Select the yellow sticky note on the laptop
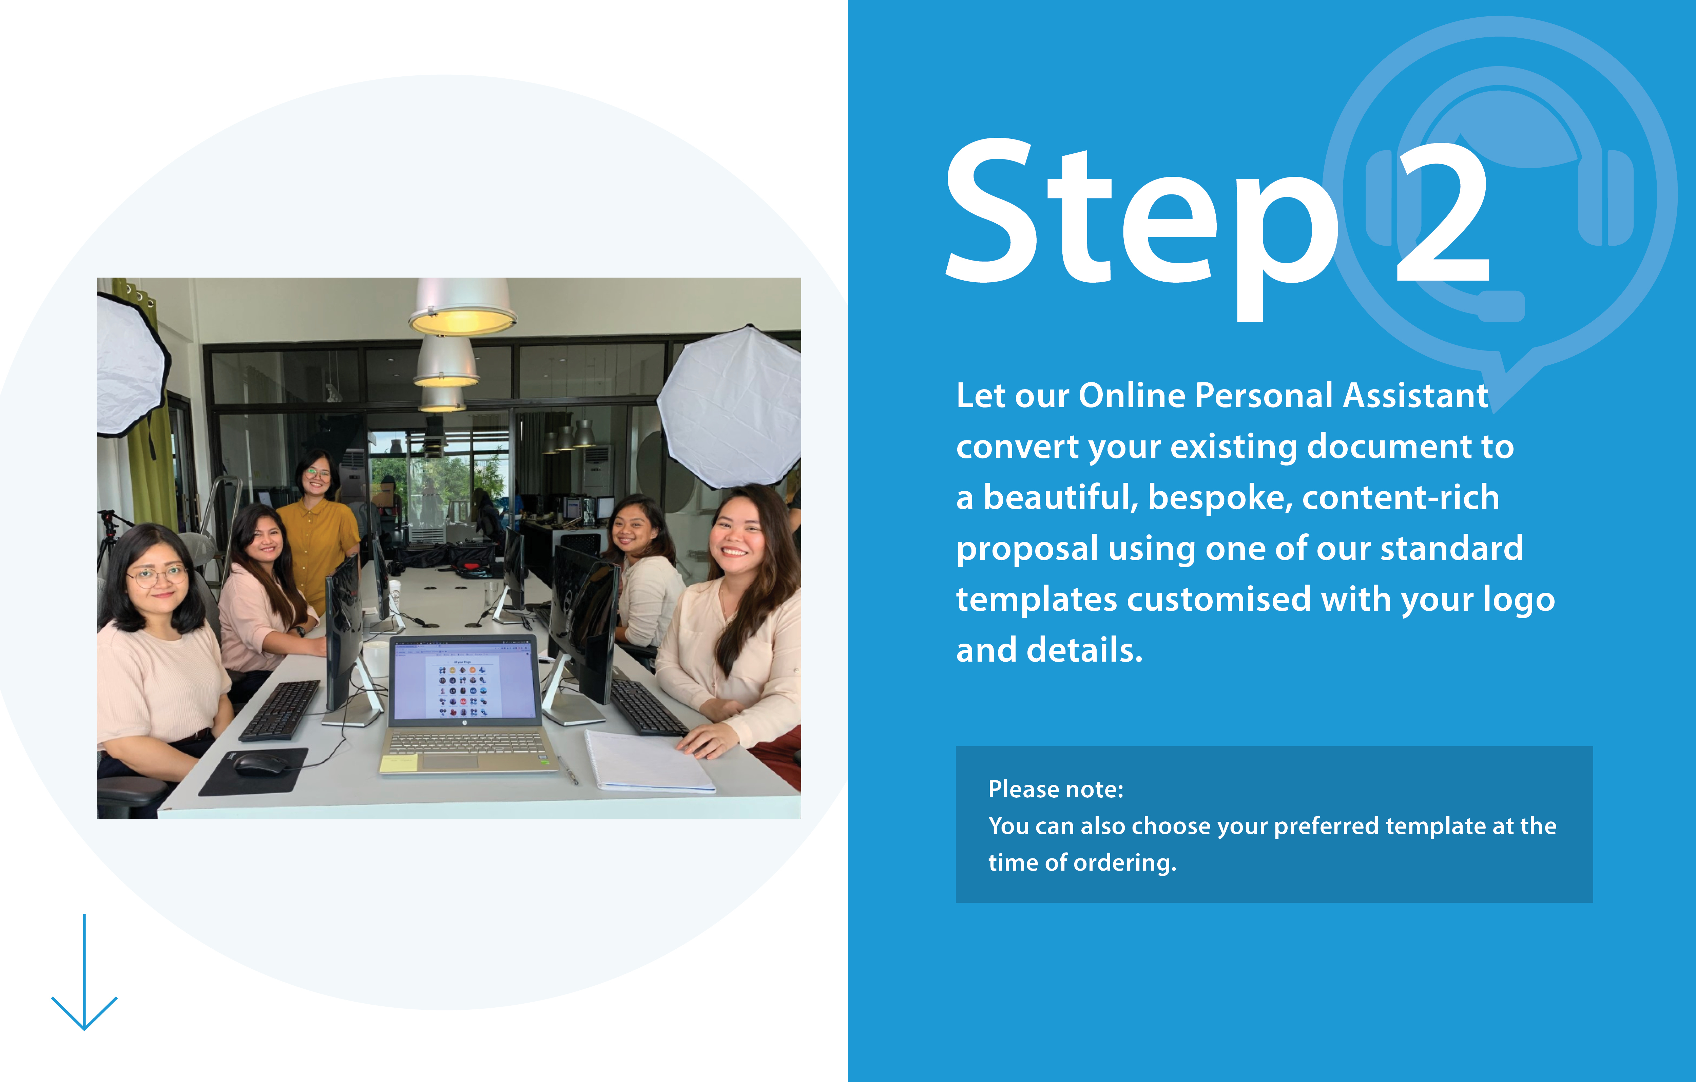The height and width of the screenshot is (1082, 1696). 399,763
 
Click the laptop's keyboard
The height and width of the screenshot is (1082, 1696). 466,743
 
